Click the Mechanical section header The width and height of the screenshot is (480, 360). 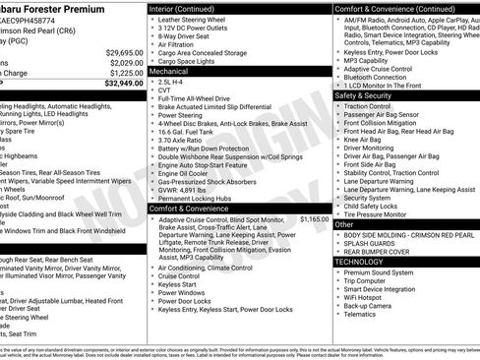click(168, 72)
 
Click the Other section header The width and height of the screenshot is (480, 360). click(344, 224)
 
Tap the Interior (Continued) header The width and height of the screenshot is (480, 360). click(189, 8)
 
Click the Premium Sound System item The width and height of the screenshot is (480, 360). click(385, 272)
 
